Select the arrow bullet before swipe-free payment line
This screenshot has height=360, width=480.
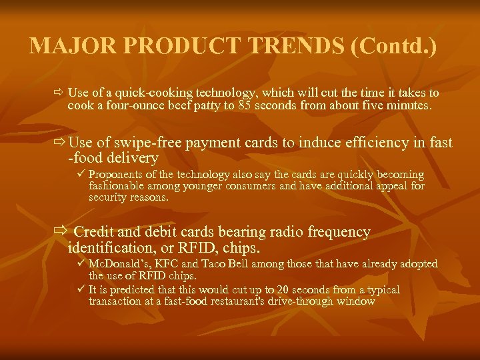click(x=59, y=143)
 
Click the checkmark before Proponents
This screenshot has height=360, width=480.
click(x=81, y=174)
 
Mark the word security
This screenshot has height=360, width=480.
click(x=108, y=197)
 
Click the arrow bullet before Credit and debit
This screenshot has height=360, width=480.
click(x=61, y=232)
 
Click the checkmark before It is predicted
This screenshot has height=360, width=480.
click(x=81, y=290)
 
